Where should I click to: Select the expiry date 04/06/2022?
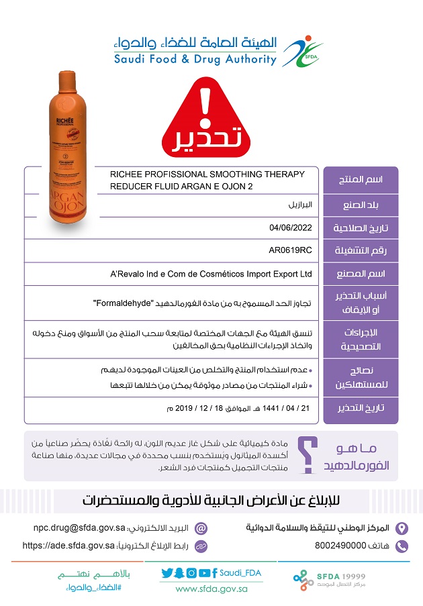click(x=291, y=228)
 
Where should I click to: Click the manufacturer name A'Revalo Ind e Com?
click(x=211, y=274)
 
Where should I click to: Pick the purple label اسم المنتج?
click(x=361, y=180)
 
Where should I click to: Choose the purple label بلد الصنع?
click(x=361, y=205)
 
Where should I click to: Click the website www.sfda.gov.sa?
click(x=211, y=589)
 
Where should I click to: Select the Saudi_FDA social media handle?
click(x=240, y=572)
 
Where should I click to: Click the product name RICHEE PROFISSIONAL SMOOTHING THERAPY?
click(x=207, y=174)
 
